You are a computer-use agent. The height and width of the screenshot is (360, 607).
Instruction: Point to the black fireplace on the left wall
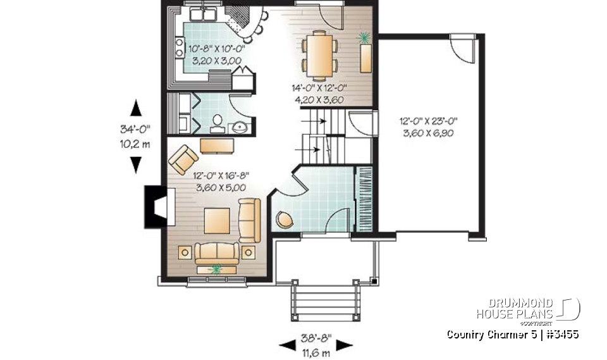pos(156,207)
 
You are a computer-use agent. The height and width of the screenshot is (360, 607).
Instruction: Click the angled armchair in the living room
pos(183,158)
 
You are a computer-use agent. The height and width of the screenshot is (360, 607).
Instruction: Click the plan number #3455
pos(562,334)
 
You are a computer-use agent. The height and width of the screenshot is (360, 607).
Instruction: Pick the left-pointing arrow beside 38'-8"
pos(287,345)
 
